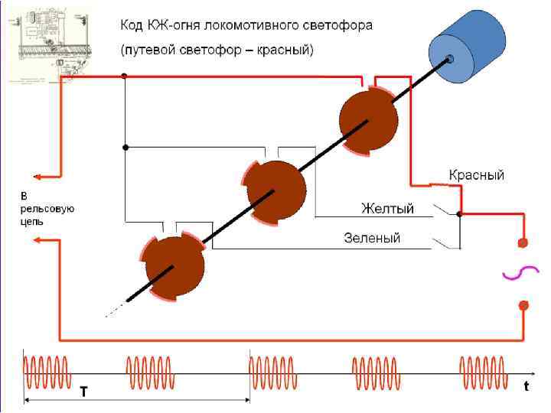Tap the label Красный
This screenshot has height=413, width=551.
coord(476,175)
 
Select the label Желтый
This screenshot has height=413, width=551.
coord(387,209)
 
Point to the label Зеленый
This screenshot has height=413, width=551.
coord(371,238)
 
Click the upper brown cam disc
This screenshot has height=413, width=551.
coord(368,119)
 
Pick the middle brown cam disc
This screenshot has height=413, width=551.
coord(275,190)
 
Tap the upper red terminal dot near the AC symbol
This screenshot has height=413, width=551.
coord(523,243)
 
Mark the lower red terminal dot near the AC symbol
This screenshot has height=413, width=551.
coord(523,305)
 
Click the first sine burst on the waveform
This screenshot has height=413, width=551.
coord(47,373)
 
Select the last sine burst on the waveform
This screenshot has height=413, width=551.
coord(482,373)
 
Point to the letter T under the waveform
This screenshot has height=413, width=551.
coord(83,390)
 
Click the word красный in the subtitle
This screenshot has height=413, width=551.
coord(281,50)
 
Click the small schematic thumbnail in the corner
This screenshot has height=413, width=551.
coord(50,42)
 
